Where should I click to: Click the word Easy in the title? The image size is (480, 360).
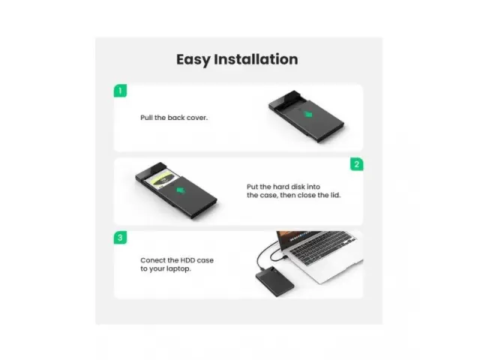(193, 60)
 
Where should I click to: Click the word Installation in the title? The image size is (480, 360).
(256, 59)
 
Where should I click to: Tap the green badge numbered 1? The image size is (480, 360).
(120, 91)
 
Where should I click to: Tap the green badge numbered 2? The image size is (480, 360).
(357, 164)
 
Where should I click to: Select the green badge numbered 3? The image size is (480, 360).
(120, 238)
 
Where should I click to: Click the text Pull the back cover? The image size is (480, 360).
(174, 118)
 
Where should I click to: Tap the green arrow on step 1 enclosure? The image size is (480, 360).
(308, 115)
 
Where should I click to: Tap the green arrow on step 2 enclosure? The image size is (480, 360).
(181, 190)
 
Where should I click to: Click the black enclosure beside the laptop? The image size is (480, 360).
(274, 280)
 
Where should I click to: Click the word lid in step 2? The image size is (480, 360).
(335, 195)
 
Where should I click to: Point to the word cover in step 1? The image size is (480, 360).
(197, 118)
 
